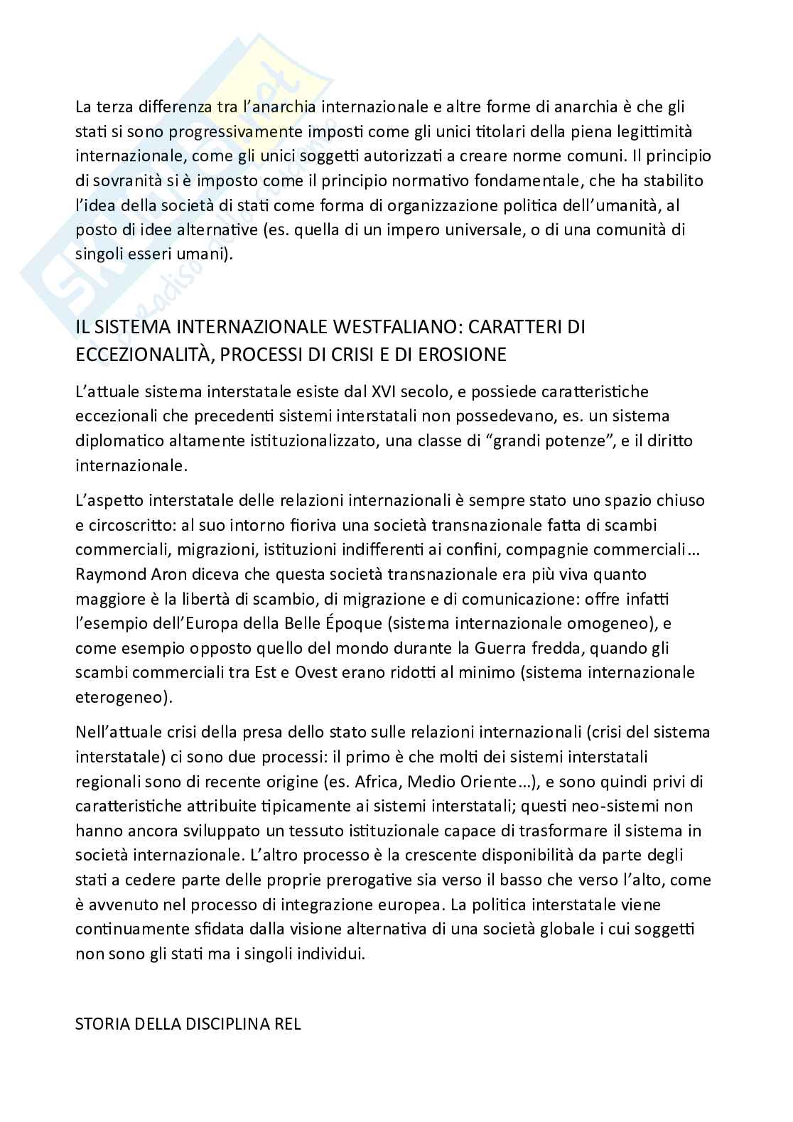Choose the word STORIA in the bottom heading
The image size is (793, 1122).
click(x=102, y=1024)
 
